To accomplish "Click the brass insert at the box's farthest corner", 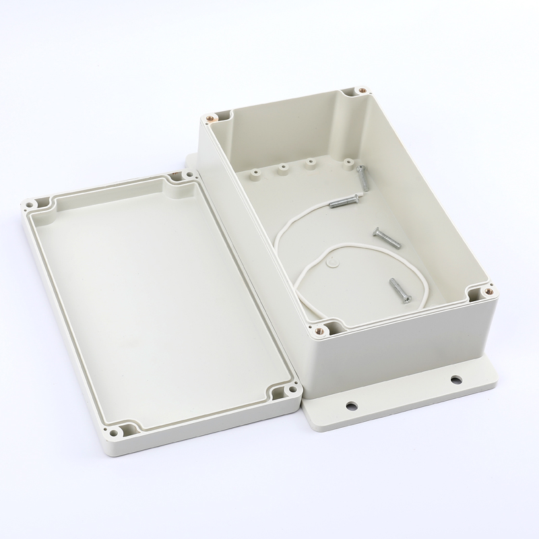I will (x=362, y=88).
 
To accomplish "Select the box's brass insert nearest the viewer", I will (x=321, y=330).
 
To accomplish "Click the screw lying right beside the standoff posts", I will (x=362, y=177).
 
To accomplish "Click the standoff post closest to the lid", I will (x=256, y=174).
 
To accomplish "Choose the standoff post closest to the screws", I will (x=347, y=162).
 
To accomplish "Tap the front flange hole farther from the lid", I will (x=455, y=380).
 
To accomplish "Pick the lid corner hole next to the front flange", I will (x=290, y=389).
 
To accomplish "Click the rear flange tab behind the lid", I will (x=190, y=162).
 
